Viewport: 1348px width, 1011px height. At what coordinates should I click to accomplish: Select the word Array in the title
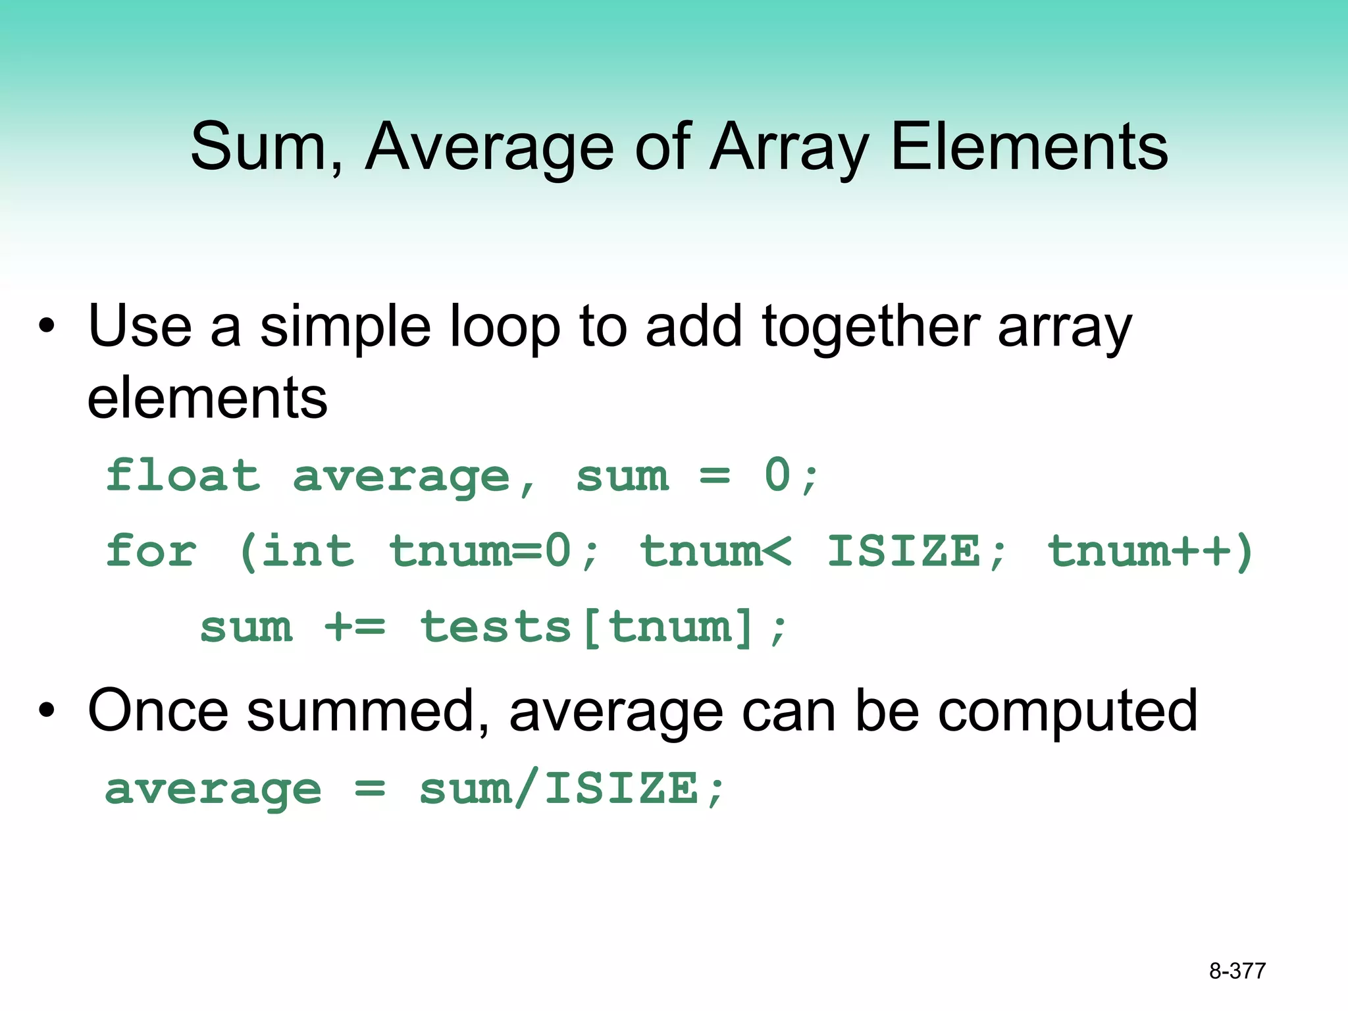tap(790, 147)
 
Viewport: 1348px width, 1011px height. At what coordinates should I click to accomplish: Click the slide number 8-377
tap(1237, 971)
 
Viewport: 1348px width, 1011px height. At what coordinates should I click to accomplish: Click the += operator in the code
tap(355, 627)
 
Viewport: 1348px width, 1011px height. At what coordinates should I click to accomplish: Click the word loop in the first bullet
tap(504, 327)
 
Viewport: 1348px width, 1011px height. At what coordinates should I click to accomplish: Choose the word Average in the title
tap(490, 147)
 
